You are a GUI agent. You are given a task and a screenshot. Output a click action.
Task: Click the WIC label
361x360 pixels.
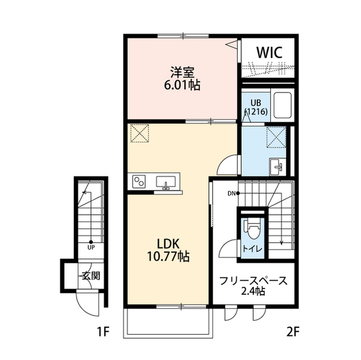click(x=269, y=52)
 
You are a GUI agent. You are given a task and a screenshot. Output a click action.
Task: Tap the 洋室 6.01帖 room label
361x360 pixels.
click(x=182, y=78)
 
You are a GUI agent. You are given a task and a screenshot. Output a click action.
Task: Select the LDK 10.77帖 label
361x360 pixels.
click(x=168, y=250)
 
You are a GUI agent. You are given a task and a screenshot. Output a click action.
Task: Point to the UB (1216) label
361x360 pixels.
click(x=256, y=107)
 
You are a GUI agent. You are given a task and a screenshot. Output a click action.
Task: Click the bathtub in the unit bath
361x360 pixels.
click(x=283, y=105)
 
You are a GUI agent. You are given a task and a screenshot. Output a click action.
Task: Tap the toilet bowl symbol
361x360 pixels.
click(x=253, y=229)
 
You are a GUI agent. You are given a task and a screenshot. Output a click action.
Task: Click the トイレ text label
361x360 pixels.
click(x=252, y=249)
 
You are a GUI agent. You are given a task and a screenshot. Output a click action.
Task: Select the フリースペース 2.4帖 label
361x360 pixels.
click(x=253, y=286)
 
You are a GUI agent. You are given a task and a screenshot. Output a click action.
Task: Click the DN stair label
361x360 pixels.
click(x=231, y=194)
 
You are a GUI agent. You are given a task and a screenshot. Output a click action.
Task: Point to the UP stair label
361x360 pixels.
click(x=91, y=248)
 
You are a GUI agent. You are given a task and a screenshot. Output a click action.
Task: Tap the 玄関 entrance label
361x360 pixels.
click(x=91, y=276)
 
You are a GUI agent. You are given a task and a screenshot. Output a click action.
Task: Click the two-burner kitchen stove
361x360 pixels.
click(x=139, y=181)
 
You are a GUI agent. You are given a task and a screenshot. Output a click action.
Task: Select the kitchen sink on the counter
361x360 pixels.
click(x=166, y=182)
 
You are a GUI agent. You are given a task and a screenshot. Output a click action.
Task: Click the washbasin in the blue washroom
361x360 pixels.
click(x=277, y=167)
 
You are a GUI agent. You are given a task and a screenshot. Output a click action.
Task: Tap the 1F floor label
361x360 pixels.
click(x=103, y=331)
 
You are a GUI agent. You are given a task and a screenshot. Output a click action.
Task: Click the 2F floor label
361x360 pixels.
click(x=293, y=331)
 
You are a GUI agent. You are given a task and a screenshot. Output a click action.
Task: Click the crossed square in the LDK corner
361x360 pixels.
click(x=139, y=134)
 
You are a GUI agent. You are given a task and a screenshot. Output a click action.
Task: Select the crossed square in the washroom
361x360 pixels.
click(x=276, y=137)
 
